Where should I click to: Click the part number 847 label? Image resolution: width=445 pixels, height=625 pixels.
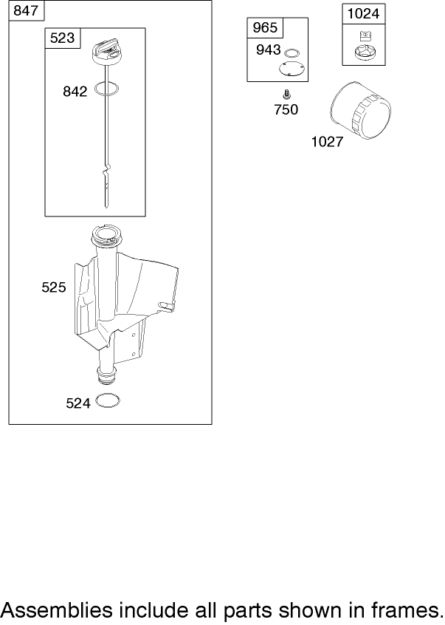(26, 10)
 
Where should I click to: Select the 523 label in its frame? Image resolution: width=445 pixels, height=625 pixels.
(62, 38)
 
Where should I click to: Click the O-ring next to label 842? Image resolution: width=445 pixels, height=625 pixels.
(107, 89)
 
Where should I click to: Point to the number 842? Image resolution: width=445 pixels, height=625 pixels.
(75, 92)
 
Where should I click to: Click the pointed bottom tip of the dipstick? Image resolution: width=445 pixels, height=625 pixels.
(106, 207)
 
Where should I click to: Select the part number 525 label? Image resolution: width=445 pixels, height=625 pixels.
(54, 287)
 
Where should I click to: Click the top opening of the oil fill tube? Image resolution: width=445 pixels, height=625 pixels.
(106, 233)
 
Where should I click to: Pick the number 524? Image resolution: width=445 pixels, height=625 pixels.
(78, 403)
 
